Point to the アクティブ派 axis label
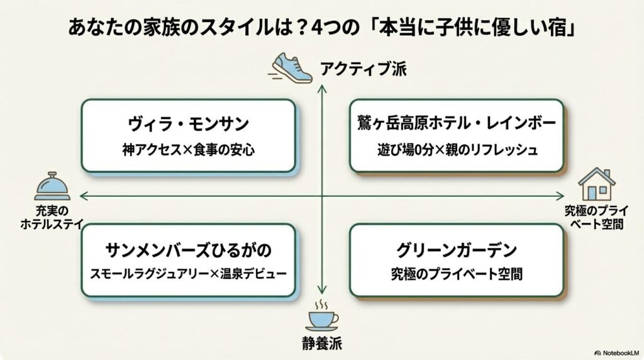364,68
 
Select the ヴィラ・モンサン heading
189,123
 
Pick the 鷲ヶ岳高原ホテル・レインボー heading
457,123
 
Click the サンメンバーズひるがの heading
189,249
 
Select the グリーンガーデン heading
457,249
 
